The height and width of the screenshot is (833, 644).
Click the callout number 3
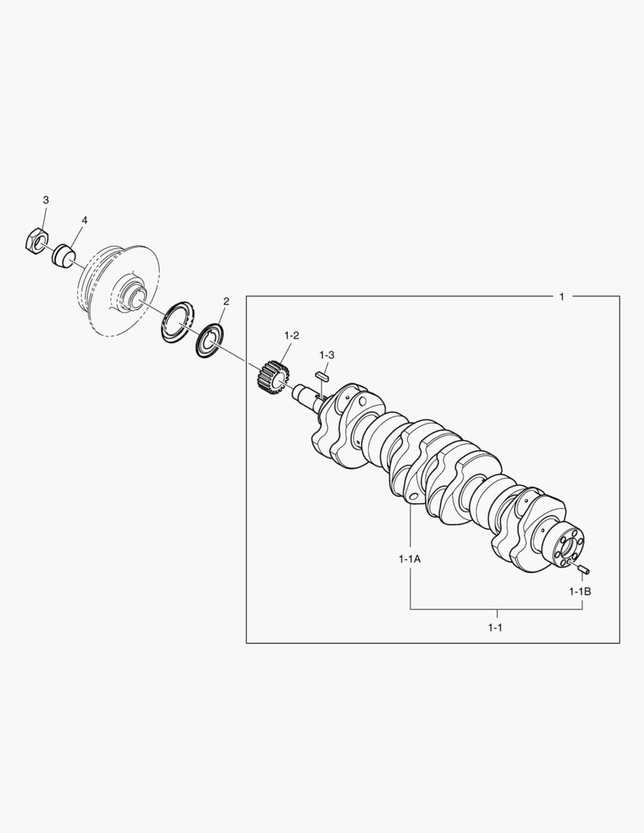tap(46, 200)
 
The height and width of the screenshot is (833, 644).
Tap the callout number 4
tap(85, 220)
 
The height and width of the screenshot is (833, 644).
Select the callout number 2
tap(226, 302)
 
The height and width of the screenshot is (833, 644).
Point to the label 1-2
tap(292, 336)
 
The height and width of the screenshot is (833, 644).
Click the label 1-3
tap(327, 354)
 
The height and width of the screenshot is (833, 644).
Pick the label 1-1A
tap(410, 559)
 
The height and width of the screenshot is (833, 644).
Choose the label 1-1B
tap(580, 592)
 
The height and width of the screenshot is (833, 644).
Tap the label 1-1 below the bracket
tap(495, 627)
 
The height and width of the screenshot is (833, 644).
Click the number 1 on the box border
tap(561, 296)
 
